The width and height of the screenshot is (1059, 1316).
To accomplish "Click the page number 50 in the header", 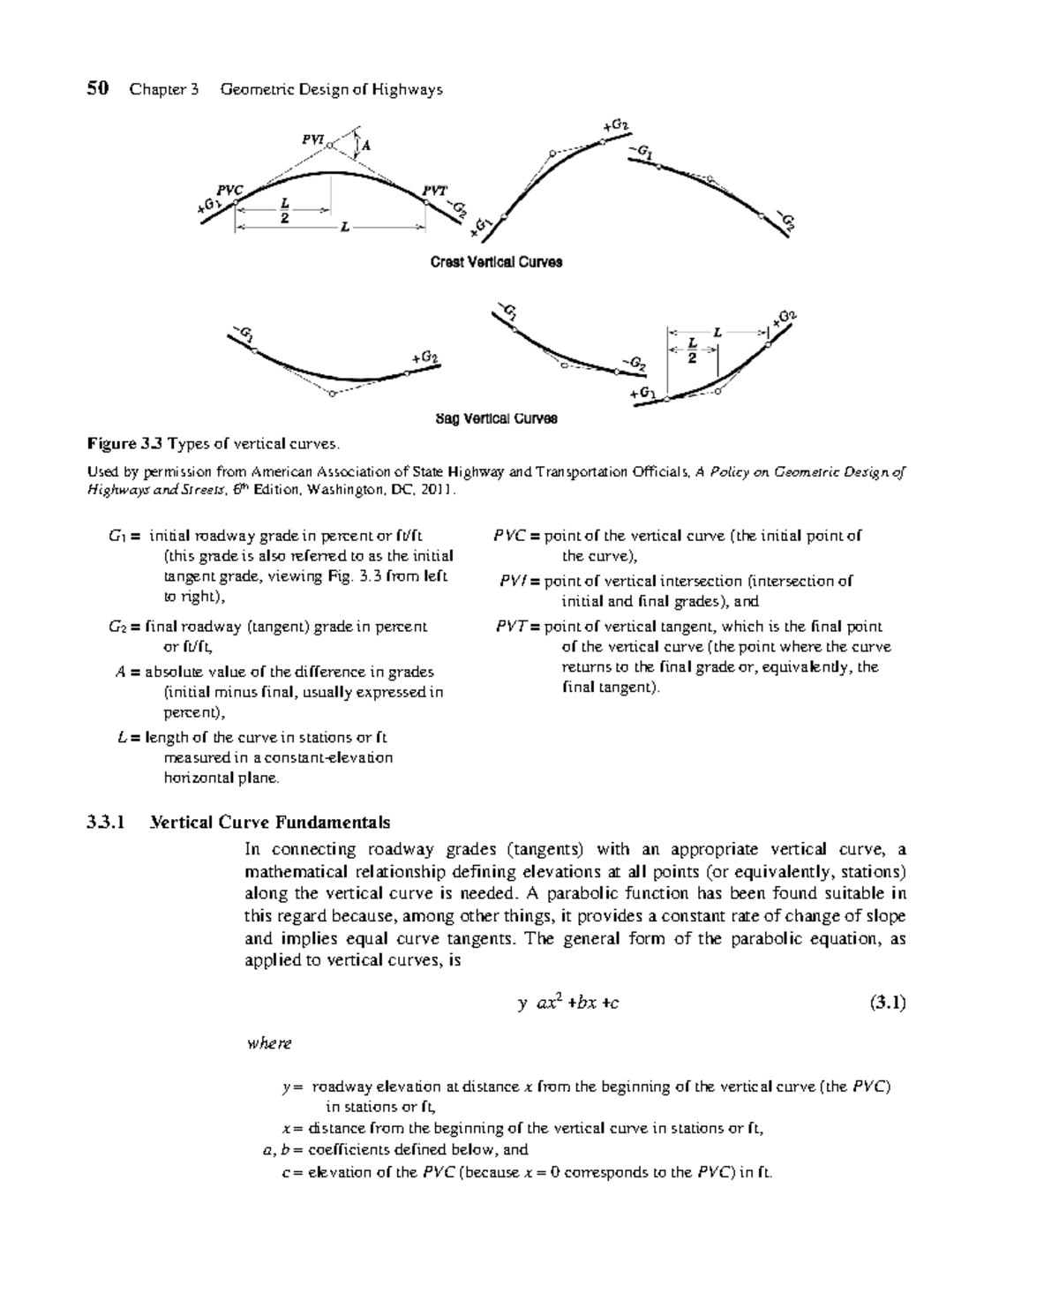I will coord(98,88).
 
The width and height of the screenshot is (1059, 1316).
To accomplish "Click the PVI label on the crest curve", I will coord(312,139).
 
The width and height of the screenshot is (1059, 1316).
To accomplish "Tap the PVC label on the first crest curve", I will coord(229,190).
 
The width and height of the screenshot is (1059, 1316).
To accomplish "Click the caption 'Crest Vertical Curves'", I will coord(496,262).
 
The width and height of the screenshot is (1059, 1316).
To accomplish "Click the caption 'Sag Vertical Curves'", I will coord(496,418).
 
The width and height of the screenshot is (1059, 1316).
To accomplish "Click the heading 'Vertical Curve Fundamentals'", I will coord(270,823).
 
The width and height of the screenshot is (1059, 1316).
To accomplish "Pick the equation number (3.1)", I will coord(888,1002).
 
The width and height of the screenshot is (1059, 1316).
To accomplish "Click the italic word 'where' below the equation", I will coord(269,1043).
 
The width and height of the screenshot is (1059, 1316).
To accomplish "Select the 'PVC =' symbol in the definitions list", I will coord(515,536).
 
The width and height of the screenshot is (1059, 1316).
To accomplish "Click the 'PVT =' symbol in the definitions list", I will coord(517,627).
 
